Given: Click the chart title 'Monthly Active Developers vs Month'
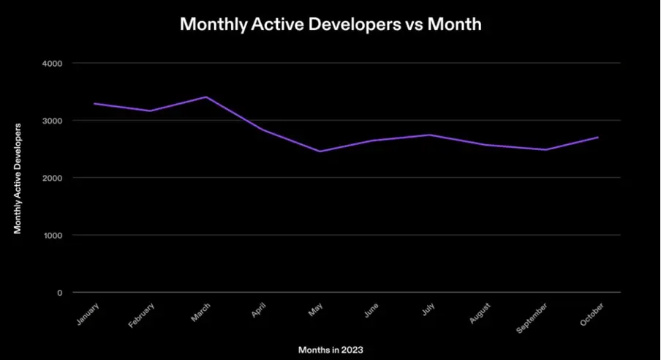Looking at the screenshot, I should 330,24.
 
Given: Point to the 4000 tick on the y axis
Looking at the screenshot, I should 53,64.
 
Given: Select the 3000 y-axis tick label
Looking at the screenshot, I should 53,121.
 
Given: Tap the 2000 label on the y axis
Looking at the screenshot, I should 53,178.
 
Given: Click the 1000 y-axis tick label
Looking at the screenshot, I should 53,236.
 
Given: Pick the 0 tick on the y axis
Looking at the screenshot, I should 58,293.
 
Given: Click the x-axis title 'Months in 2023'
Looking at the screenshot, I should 330,350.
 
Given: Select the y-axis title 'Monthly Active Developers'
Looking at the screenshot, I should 18,178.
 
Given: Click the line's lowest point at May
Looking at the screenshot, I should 319,151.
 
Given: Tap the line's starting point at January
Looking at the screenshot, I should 94,103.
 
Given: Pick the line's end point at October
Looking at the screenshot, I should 598,137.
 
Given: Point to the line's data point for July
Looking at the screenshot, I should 431,135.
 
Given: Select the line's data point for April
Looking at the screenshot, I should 262,130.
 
